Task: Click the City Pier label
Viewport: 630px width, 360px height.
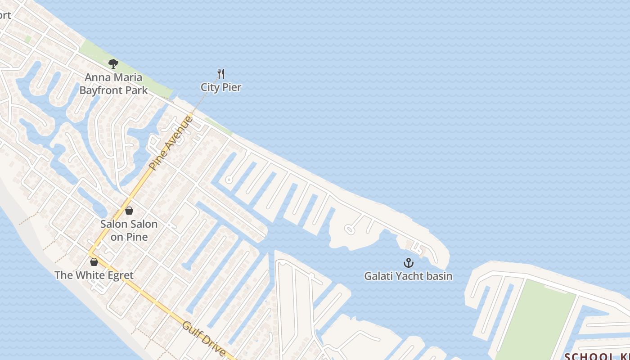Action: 221,87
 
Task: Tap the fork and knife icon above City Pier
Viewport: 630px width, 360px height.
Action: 221,73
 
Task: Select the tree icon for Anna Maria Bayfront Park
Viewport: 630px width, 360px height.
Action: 113,63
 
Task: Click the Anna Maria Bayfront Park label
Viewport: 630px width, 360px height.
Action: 113,84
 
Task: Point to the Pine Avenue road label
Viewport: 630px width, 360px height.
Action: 171,142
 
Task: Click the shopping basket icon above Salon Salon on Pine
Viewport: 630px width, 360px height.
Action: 129,210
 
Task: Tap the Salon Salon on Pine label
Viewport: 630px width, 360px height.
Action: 129,230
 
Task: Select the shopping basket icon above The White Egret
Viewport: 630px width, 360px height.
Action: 94,261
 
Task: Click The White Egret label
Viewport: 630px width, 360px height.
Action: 94,274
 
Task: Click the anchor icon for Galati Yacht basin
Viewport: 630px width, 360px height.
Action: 408,262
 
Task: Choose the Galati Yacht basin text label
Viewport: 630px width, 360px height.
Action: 408,276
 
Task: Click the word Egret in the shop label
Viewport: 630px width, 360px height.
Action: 119,274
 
